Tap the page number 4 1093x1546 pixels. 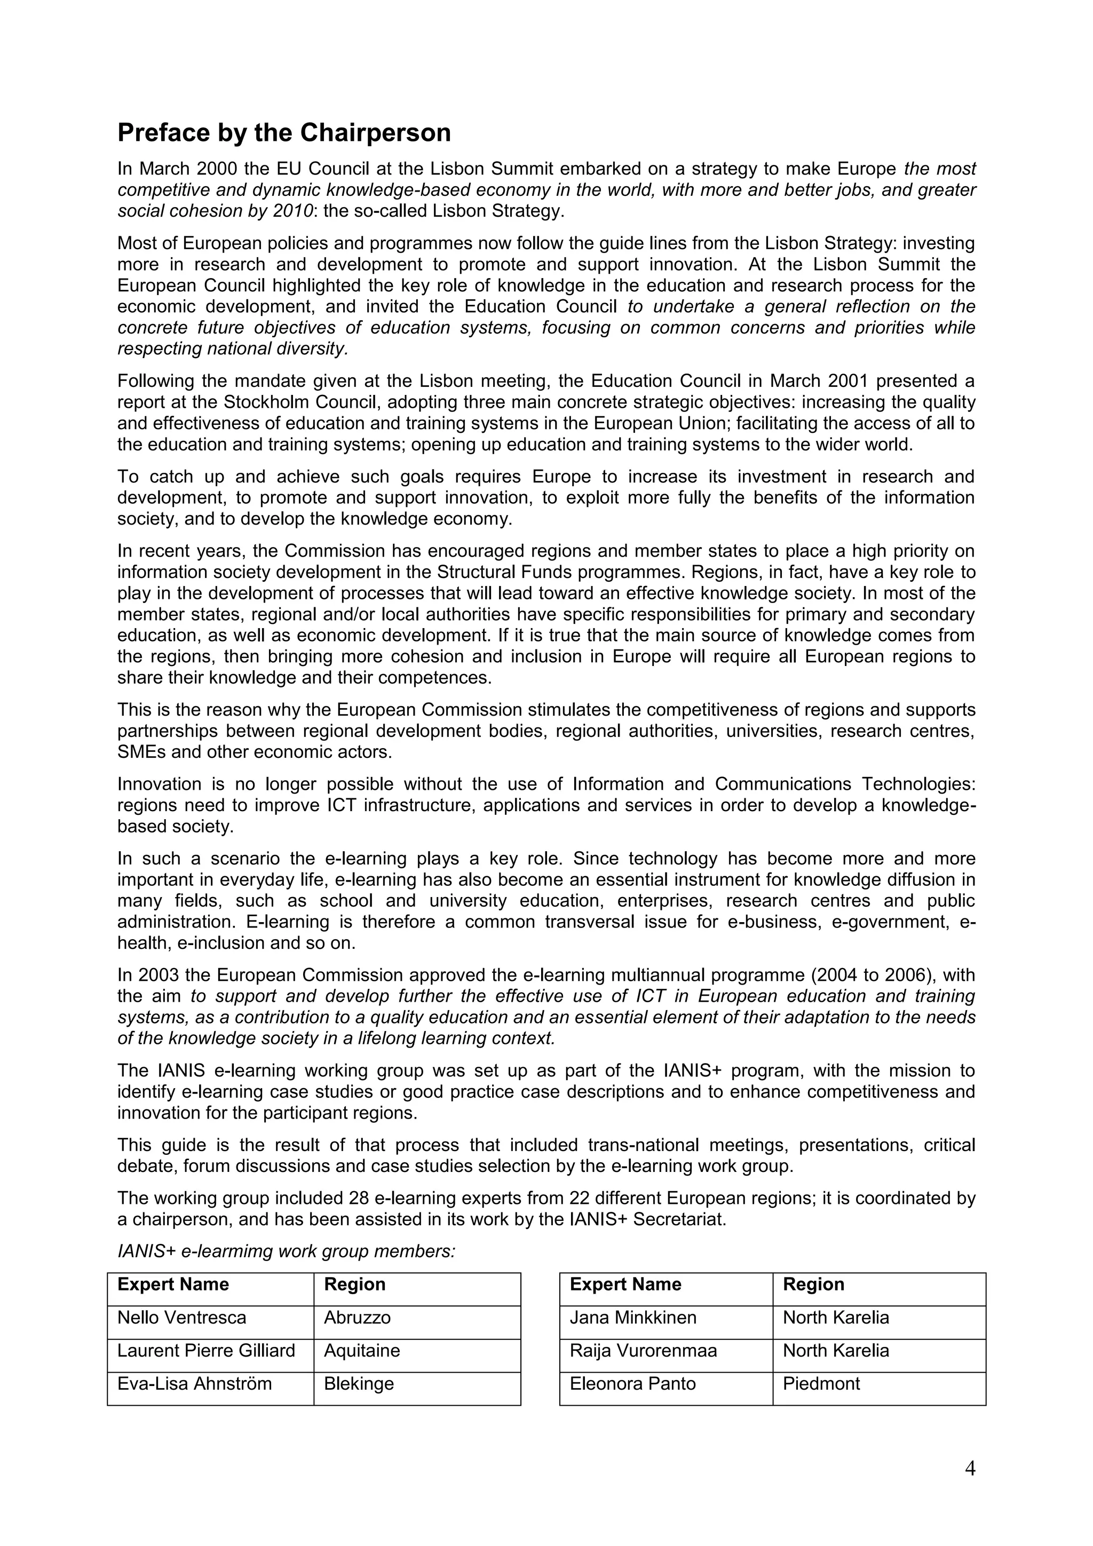[x=970, y=1469]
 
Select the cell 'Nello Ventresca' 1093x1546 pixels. [x=182, y=1318]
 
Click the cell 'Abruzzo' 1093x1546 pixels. [x=357, y=1318]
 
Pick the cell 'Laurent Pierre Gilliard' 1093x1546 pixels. [x=206, y=1351]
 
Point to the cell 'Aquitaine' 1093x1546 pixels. [x=362, y=1351]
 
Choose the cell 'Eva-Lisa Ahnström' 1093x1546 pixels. [x=195, y=1384]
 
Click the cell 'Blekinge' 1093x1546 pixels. [x=359, y=1384]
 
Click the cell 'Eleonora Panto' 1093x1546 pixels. [x=632, y=1384]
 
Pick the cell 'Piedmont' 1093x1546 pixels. [x=821, y=1384]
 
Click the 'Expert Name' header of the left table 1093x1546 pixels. [x=173, y=1285]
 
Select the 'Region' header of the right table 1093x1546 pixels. [x=813, y=1285]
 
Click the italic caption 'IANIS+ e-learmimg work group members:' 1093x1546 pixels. [x=286, y=1252]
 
